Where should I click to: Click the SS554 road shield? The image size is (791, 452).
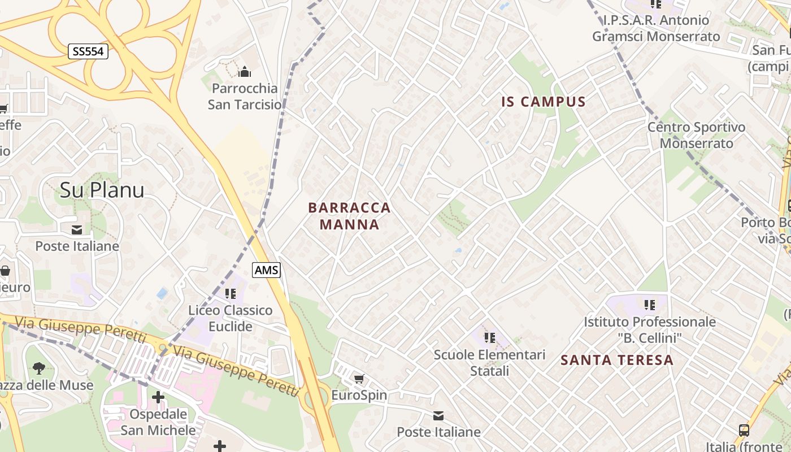click(88, 51)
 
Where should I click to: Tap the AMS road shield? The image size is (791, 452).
click(267, 270)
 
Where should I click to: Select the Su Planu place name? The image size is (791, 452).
click(102, 190)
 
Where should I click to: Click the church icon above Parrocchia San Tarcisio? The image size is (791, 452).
click(245, 72)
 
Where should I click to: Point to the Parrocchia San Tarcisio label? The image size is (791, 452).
click(245, 97)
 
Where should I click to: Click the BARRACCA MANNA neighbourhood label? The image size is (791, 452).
click(350, 216)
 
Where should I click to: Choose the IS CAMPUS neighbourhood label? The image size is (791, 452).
click(544, 102)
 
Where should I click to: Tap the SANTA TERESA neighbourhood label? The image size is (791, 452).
click(617, 360)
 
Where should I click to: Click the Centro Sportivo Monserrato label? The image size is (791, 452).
click(696, 135)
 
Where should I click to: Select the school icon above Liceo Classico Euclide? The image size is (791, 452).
click(231, 293)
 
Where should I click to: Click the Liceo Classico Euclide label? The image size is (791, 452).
click(231, 318)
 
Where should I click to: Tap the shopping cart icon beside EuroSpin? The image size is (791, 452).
click(359, 379)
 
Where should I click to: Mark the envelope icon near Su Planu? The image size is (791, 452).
click(77, 230)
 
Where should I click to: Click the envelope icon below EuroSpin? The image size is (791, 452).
click(438, 416)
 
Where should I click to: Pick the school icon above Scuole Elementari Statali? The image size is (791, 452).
click(490, 338)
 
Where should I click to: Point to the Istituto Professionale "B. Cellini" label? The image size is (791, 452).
click(650, 330)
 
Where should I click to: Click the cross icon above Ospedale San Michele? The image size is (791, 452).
click(158, 397)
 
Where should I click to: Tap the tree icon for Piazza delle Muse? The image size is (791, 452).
click(39, 369)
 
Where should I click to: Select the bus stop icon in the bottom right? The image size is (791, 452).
click(744, 431)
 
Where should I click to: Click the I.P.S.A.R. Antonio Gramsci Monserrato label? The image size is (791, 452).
click(656, 28)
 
